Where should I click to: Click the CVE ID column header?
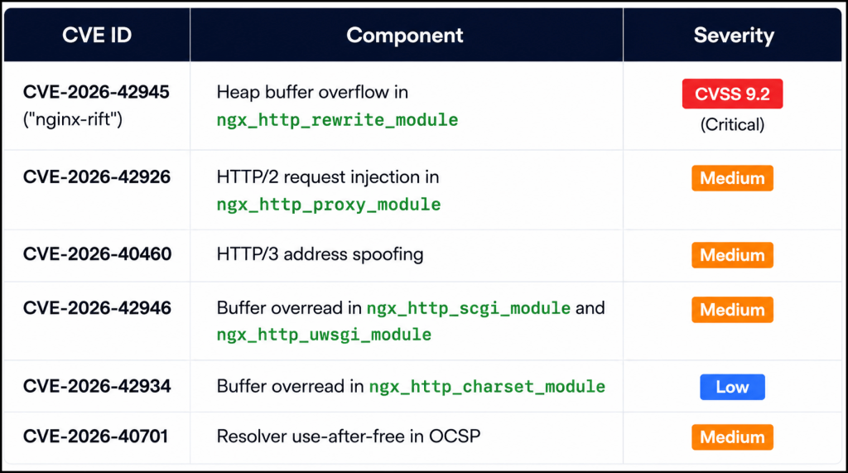pyautogui.click(x=97, y=35)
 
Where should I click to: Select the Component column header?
pyautogui.click(x=404, y=35)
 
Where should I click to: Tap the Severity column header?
pyautogui.click(x=734, y=35)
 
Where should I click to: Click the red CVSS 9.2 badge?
pyautogui.click(x=732, y=94)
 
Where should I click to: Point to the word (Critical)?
pyautogui.click(x=732, y=124)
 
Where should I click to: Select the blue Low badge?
pyautogui.click(x=732, y=387)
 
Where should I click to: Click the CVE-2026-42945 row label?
pyautogui.click(x=96, y=92)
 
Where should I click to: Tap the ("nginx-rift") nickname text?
pyautogui.click(x=73, y=119)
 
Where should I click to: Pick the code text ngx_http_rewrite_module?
pyautogui.click(x=338, y=119)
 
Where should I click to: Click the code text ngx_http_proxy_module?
pyautogui.click(x=329, y=204)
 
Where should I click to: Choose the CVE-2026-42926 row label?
pyautogui.click(x=97, y=177)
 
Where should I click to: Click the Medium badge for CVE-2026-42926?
pyautogui.click(x=732, y=178)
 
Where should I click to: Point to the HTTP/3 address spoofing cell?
pyautogui.click(x=320, y=253)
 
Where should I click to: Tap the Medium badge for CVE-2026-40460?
pyautogui.click(x=732, y=255)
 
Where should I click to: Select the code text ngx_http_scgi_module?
pyautogui.click(x=469, y=308)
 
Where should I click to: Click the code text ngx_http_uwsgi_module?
pyautogui.click(x=324, y=335)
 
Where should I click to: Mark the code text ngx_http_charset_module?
pyautogui.click(x=487, y=386)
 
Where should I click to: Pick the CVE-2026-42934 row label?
pyautogui.click(x=97, y=386)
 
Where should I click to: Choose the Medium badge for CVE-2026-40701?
pyautogui.click(x=732, y=437)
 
